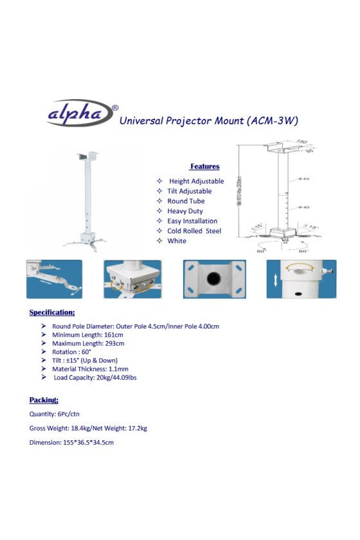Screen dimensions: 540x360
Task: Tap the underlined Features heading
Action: pos(204,166)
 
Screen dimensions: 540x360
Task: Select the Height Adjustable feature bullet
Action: pos(196,181)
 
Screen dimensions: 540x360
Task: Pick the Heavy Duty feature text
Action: pos(185,211)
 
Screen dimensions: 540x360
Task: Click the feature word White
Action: pos(177,241)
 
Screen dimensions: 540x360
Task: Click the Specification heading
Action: pos(52,312)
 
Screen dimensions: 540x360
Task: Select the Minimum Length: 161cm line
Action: pos(87,335)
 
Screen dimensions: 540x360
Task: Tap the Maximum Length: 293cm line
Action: pos(88,343)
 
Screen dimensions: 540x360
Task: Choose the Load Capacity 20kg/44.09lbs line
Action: pos(95,378)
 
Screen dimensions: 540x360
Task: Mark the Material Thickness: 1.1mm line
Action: pos(90,369)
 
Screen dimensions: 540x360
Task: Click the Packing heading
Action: pos(44,400)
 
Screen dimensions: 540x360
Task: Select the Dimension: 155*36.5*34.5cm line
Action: pos(71,443)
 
